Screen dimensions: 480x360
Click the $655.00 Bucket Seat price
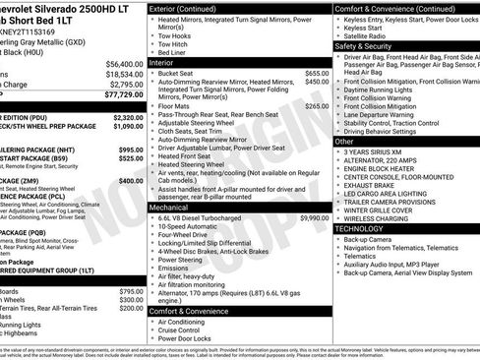coord(316,73)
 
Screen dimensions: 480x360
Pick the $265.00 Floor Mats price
coord(316,105)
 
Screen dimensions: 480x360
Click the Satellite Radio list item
coord(370,34)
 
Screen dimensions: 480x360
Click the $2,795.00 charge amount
coord(122,85)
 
